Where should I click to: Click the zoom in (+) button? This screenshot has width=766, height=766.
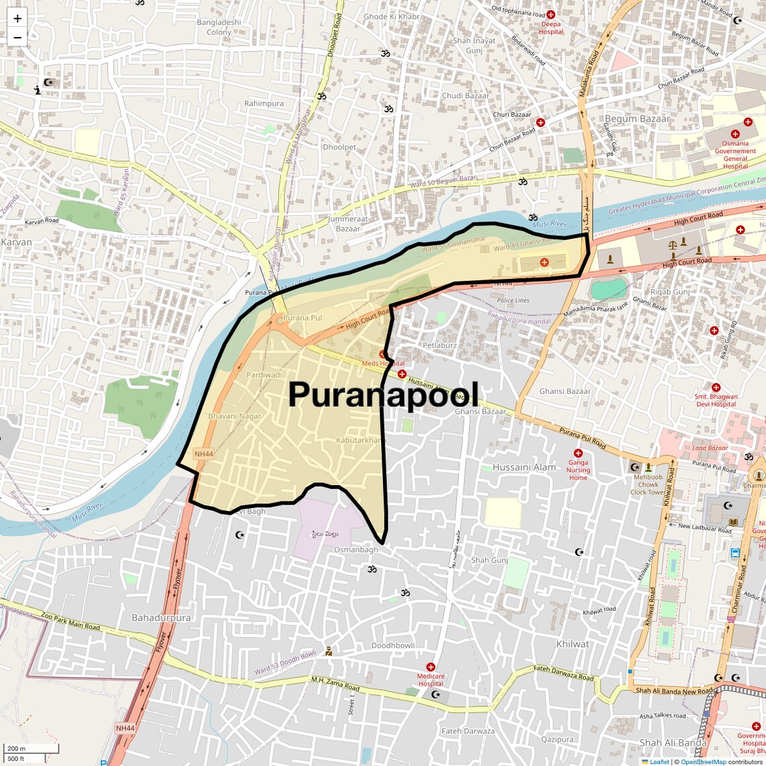[17, 19]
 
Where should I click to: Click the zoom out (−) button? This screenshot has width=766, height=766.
[17, 38]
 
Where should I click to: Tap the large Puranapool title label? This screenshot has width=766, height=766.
[384, 394]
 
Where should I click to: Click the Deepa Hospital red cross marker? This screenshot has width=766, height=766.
[550, 15]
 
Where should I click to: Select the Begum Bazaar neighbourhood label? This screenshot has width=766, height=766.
[637, 119]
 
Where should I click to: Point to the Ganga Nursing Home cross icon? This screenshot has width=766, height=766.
[578, 454]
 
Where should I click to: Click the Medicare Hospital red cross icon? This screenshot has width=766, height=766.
[431, 667]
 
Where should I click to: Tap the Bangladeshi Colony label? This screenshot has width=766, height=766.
[219, 27]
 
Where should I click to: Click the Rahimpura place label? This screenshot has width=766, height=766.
[264, 103]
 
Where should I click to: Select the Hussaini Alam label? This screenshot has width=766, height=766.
[524, 467]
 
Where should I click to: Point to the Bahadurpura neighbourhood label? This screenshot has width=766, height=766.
[161, 618]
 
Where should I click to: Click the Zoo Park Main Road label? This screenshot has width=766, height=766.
[70, 621]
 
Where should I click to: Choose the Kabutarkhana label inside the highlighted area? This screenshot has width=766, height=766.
[361, 440]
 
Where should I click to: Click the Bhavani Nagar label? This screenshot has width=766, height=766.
[235, 417]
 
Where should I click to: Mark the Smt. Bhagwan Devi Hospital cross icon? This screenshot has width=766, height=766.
[716, 388]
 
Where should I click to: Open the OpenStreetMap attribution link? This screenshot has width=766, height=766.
[703, 762]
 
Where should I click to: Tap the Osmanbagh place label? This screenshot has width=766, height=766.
[356, 550]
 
